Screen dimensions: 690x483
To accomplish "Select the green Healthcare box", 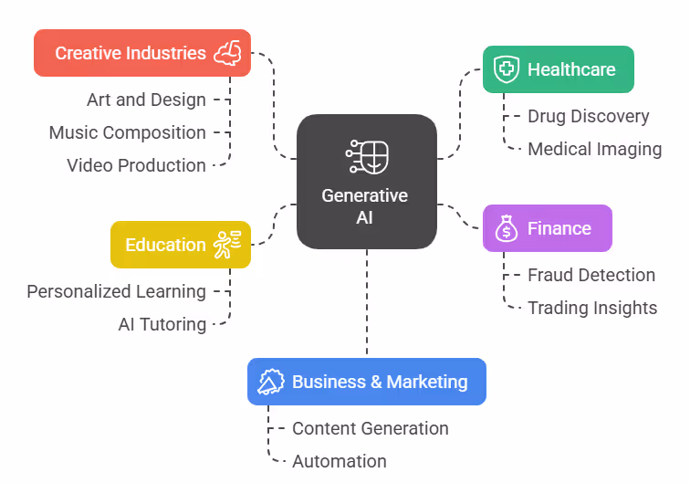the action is pyautogui.click(x=558, y=69).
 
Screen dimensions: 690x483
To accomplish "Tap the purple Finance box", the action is pyautogui.click(x=547, y=228).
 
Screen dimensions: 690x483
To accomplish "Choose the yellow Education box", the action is pyautogui.click(x=180, y=245).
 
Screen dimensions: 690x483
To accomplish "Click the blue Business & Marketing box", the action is pyautogui.click(x=366, y=382).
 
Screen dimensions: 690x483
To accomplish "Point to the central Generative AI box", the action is pyautogui.click(x=366, y=181).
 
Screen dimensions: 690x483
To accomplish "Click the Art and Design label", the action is pyautogui.click(x=146, y=100).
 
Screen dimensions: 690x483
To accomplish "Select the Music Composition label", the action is pyautogui.click(x=128, y=132).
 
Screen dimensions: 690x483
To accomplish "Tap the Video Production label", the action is pyautogui.click(x=136, y=165).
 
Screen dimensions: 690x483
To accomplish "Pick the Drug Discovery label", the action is pyautogui.click(x=589, y=116).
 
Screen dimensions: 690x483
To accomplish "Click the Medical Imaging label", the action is pyautogui.click(x=594, y=149).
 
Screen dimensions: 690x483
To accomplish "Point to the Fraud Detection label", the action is pyautogui.click(x=591, y=275).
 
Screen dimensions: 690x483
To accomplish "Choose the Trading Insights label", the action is pyautogui.click(x=592, y=308).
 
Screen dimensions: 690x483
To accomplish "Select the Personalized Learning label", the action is pyautogui.click(x=116, y=291).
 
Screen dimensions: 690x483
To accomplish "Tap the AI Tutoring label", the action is pyautogui.click(x=162, y=324).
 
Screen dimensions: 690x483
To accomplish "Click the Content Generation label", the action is pyautogui.click(x=371, y=428).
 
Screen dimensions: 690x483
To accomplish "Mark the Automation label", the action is pyautogui.click(x=340, y=461).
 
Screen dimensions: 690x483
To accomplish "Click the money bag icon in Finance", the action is pyautogui.click(x=506, y=228).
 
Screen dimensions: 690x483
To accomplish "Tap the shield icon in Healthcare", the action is pyautogui.click(x=506, y=69).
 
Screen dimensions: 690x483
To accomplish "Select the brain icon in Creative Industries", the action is pyautogui.click(x=227, y=53).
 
